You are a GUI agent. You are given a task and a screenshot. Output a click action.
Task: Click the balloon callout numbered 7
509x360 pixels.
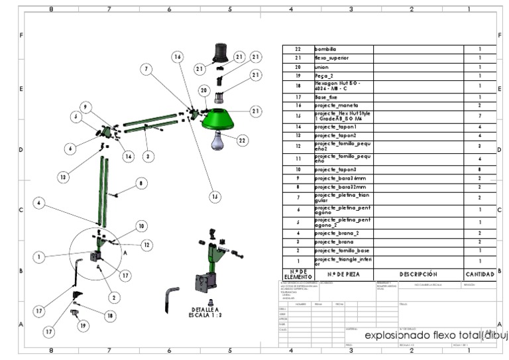[x=146, y=69]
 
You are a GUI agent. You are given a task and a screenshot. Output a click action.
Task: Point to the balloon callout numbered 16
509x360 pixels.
[x=178, y=58]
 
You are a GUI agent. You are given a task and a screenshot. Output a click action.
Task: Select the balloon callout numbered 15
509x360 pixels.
[x=214, y=196]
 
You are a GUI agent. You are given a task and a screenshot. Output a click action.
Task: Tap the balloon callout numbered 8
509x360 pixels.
[x=141, y=183]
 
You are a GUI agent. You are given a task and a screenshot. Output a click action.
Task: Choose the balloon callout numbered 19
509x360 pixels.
[x=82, y=326]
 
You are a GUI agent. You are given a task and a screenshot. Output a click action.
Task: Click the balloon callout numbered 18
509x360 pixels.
[x=110, y=317]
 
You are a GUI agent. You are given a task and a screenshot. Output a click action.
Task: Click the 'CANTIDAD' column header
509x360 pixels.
[x=479, y=274]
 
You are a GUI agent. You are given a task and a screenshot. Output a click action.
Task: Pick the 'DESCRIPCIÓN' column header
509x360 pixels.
[x=418, y=274]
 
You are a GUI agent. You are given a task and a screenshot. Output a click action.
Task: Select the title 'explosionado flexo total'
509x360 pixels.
[x=424, y=335]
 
